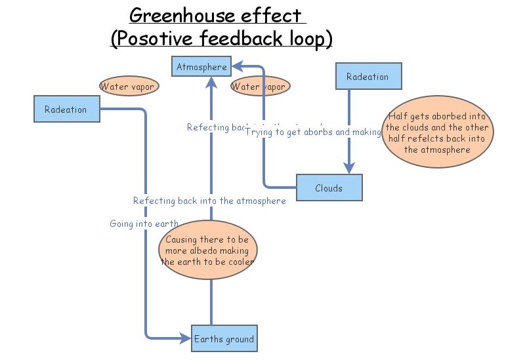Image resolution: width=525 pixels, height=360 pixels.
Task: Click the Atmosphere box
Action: (201, 67)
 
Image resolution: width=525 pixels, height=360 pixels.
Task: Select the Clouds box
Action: (329, 188)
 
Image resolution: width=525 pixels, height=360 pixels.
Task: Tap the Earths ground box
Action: (223, 339)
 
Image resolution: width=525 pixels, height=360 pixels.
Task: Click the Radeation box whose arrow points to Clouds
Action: (367, 76)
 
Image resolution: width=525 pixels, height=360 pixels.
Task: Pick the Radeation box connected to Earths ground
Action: (66, 109)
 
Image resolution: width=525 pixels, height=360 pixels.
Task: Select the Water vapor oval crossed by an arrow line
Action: (259, 86)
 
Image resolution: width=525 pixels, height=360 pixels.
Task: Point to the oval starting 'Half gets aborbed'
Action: (438, 132)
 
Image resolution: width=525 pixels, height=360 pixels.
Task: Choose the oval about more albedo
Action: (208, 250)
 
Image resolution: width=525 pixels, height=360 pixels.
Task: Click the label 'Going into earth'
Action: (144, 224)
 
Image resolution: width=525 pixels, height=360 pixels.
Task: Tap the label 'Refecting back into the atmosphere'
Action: (209, 201)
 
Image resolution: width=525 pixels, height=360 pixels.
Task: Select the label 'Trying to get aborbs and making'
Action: (313, 132)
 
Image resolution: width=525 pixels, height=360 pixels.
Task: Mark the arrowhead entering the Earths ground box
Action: (185, 338)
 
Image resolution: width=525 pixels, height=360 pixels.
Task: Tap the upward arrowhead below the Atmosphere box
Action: (211, 81)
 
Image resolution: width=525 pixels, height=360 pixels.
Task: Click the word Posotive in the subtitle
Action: (152, 38)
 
